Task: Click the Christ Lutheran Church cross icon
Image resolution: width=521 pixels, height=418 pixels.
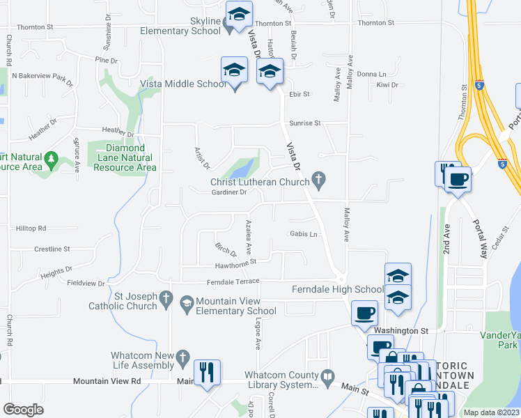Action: tap(319, 181)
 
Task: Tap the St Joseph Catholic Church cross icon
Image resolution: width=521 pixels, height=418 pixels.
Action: tap(166, 300)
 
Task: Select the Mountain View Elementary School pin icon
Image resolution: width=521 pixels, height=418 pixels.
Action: tap(186, 303)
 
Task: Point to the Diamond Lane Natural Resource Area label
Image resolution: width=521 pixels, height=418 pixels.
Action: tap(125, 157)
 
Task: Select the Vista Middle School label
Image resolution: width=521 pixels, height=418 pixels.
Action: tap(183, 84)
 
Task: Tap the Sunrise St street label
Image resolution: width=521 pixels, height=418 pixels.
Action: tap(305, 123)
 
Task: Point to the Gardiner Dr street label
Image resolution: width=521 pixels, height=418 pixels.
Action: tap(229, 192)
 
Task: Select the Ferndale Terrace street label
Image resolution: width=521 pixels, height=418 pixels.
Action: tap(233, 281)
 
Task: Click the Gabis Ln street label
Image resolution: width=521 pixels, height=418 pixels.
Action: tap(304, 234)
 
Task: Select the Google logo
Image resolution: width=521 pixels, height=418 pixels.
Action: tap(23, 410)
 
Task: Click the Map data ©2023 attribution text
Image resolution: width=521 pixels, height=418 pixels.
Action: tap(491, 412)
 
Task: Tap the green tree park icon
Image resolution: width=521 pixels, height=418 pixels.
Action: tap(51, 162)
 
